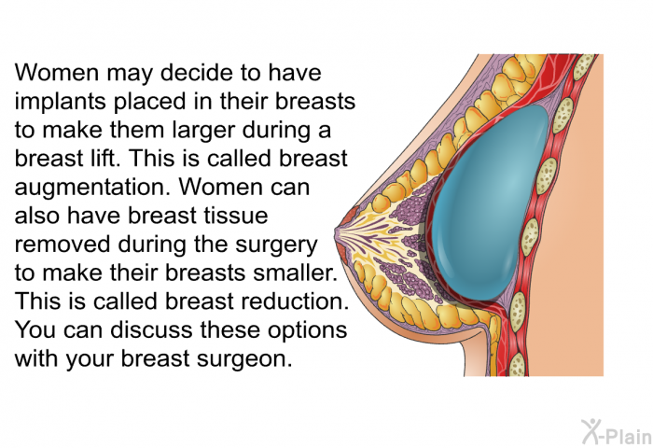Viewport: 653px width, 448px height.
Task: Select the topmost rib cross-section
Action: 584,66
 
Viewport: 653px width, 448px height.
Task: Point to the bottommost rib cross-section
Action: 517,365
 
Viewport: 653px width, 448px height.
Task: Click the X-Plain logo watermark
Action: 617,431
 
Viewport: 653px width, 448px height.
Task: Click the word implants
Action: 60,103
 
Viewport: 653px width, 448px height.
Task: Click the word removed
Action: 63,245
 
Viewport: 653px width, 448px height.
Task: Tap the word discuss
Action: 152,330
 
